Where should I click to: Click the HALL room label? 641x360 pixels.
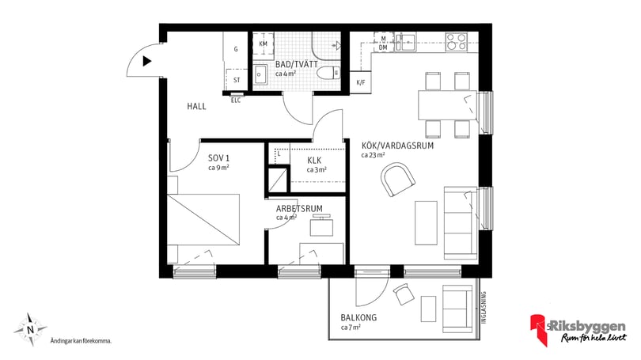pyautogui.click(x=197, y=106)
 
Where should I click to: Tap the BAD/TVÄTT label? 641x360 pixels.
pyautogui.click(x=292, y=64)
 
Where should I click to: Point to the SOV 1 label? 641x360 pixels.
pyautogui.click(x=209, y=157)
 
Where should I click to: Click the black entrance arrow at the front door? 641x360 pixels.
pyautogui.click(x=146, y=61)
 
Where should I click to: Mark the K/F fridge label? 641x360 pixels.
pyautogui.click(x=361, y=82)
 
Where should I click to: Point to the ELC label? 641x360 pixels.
pyautogui.click(x=236, y=100)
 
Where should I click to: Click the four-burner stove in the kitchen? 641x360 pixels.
pyautogui.click(x=458, y=40)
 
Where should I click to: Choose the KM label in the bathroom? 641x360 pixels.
pyautogui.click(x=263, y=44)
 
